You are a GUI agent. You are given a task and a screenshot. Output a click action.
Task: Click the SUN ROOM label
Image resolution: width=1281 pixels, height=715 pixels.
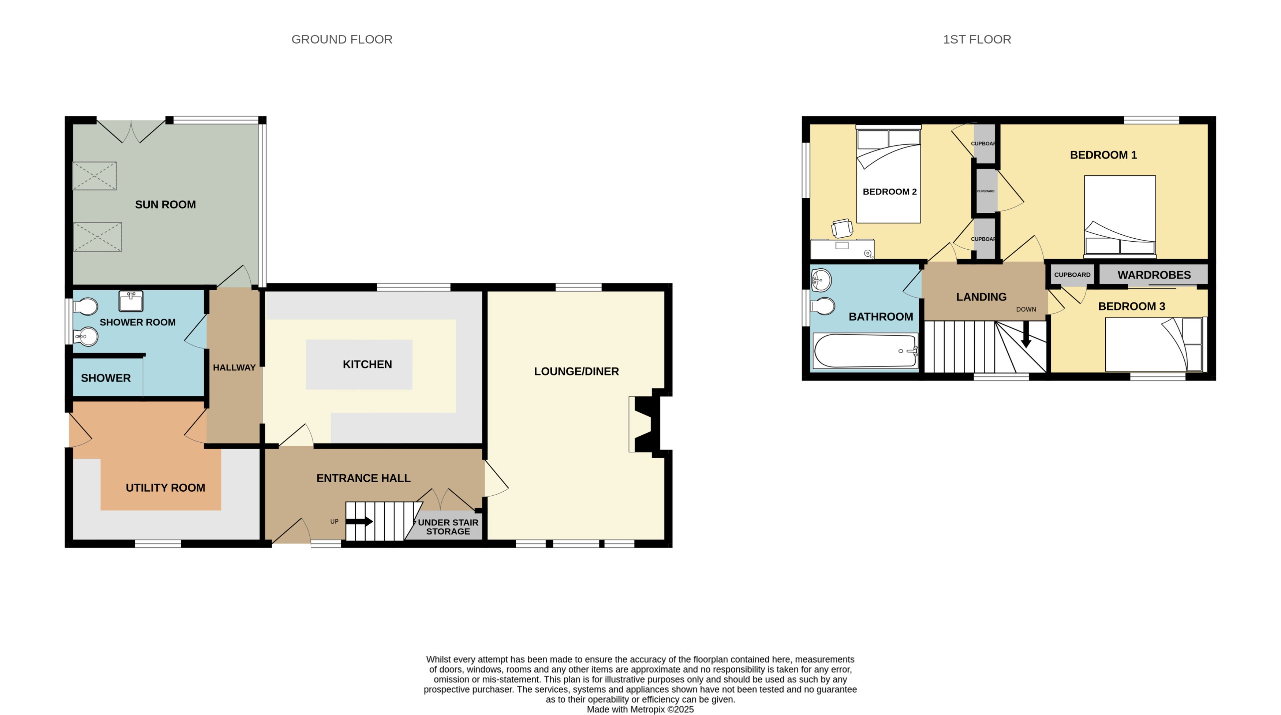click(165, 205)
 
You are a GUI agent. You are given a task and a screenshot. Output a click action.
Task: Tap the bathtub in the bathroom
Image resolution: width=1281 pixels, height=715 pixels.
click(864, 351)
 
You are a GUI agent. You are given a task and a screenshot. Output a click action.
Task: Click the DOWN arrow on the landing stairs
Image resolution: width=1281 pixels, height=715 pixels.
click(1026, 336)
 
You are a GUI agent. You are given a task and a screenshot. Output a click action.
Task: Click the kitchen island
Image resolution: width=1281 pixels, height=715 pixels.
click(359, 364)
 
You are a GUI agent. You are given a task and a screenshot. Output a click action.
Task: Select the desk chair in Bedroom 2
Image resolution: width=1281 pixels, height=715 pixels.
click(842, 228)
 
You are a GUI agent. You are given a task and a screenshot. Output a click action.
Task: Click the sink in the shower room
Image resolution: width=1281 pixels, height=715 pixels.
click(131, 301)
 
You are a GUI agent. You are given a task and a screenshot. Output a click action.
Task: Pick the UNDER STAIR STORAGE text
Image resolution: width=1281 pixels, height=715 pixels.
click(448, 526)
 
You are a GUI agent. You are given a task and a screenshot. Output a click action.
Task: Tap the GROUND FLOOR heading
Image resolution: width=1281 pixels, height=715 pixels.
click(341, 39)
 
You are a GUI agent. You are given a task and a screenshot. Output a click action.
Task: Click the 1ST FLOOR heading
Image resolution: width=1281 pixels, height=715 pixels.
click(976, 39)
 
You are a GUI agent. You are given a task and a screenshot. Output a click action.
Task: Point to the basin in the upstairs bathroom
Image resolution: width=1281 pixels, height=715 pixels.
click(821, 280)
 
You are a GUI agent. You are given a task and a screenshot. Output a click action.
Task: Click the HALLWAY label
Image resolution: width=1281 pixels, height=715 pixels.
click(234, 368)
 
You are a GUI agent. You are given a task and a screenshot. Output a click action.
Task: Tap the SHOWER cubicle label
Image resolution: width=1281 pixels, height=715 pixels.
click(105, 378)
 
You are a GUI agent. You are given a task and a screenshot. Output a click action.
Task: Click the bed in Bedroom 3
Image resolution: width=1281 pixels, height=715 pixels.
click(1155, 344)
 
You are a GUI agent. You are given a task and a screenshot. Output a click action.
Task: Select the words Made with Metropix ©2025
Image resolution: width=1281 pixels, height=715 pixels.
click(640, 710)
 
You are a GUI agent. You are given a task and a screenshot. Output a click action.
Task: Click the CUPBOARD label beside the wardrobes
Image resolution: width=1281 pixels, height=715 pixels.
click(1072, 275)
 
